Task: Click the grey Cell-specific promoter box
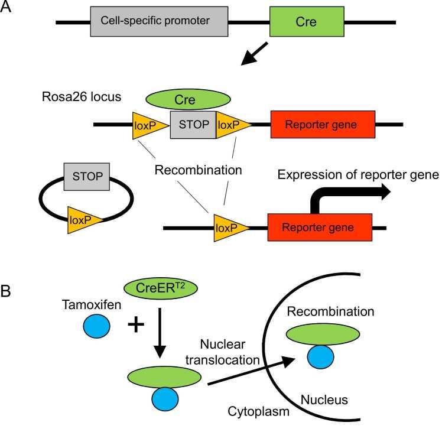tap(158, 21)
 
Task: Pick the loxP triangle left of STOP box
tap(148, 125)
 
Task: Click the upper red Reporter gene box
tap(323, 125)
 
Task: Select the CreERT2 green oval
tap(160, 289)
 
